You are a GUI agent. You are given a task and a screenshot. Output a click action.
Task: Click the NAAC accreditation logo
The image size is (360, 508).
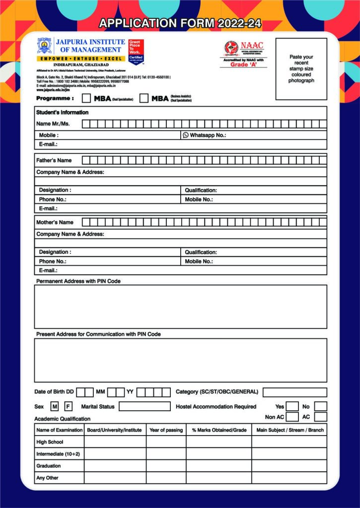[x=231, y=48]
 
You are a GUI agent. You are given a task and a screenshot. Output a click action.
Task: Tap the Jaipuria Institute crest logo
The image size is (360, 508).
[x=44, y=46]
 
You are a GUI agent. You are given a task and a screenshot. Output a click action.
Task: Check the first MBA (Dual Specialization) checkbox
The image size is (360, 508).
[x=86, y=98]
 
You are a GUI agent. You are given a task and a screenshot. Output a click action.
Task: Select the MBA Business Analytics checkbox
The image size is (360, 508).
[x=144, y=98]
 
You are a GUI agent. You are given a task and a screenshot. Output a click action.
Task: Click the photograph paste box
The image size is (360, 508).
[x=301, y=69]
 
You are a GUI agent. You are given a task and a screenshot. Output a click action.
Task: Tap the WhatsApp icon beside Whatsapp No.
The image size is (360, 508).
[x=186, y=135]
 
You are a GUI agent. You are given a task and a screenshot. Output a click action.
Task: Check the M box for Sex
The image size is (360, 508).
[x=55, y=407]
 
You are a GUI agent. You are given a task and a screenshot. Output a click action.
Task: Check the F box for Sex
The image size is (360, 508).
[x=68, y=407]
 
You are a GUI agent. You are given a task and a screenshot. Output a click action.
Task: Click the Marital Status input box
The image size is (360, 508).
[x=144, y=407]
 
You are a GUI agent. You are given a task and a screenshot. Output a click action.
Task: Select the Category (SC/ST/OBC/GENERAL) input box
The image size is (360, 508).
[x=294, y=392]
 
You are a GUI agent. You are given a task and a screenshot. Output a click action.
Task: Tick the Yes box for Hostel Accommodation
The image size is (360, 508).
[x=292, y=407]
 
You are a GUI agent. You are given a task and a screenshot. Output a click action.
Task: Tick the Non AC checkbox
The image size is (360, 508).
[x=292, y=417]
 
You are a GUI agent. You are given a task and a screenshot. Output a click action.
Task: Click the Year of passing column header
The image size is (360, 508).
[x=166, y=430]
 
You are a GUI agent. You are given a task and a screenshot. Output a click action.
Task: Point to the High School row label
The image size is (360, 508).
[x=50, y=442]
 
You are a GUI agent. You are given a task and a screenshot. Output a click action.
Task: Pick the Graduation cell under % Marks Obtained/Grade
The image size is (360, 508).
[x=218, y=466]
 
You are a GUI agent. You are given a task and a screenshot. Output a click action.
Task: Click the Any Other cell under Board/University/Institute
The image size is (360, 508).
[x=115, y=478]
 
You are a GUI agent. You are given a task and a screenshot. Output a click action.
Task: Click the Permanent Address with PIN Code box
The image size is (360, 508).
[x=180, y=307]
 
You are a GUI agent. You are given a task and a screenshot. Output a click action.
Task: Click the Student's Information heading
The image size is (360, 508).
[x=63, y=113]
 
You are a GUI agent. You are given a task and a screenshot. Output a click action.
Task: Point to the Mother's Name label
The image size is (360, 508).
[x=55, y=222]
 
